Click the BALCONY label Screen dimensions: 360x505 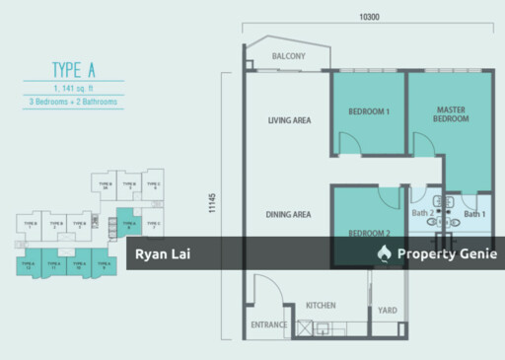(288, 56)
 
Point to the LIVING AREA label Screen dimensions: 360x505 (289, 121)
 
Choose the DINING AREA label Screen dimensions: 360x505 (289, 214)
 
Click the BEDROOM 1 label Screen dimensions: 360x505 (369, 111)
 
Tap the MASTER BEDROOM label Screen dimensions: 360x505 (450, 114)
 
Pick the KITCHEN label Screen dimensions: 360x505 (321, 306)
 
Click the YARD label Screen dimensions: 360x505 (388, 311)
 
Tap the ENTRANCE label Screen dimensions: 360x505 (268, 324)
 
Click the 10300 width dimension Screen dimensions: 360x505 (370, 17)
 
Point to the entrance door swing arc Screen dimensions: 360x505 (268, 286)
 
